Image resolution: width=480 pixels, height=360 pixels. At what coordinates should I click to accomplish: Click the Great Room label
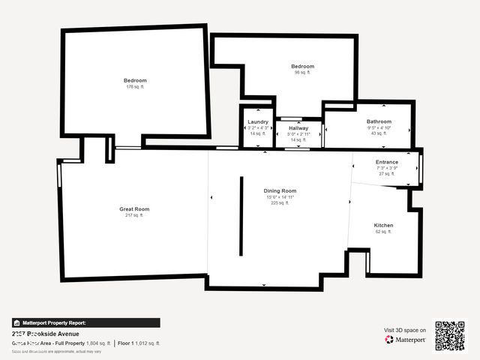(134, 208)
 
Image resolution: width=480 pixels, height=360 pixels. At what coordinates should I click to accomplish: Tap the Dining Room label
(280, 190)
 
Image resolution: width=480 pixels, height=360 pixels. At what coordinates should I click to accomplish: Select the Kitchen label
(383, 225)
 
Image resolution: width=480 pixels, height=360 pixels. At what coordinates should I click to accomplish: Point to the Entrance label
(387, 162)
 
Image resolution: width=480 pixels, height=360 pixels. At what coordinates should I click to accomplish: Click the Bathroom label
(379, 121)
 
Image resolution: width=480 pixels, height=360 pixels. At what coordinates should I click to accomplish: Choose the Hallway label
(298, 128)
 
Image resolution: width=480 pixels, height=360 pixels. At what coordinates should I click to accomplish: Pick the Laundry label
(258, 121)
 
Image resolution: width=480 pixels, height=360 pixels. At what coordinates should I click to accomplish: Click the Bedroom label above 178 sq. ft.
(135, 80)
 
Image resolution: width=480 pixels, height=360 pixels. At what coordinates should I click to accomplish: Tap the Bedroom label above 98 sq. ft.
(302, 66)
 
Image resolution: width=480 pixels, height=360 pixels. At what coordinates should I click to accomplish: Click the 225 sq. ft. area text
(280, 202)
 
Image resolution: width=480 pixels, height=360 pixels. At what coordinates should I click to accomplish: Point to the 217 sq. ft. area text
(134, 215)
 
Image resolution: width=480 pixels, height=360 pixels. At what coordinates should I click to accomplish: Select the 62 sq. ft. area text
(383, 232)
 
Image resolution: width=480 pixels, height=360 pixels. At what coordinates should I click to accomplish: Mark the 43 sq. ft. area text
(379, 133)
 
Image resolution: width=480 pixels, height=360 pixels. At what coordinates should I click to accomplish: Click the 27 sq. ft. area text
(387, 173)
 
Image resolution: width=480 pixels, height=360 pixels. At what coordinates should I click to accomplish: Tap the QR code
(450, 336)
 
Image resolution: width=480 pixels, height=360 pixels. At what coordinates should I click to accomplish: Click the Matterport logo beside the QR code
(406, 340)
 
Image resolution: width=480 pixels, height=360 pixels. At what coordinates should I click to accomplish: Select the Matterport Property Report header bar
(85, 323)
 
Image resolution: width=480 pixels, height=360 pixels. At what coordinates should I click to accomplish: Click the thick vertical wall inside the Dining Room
(241, 215)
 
